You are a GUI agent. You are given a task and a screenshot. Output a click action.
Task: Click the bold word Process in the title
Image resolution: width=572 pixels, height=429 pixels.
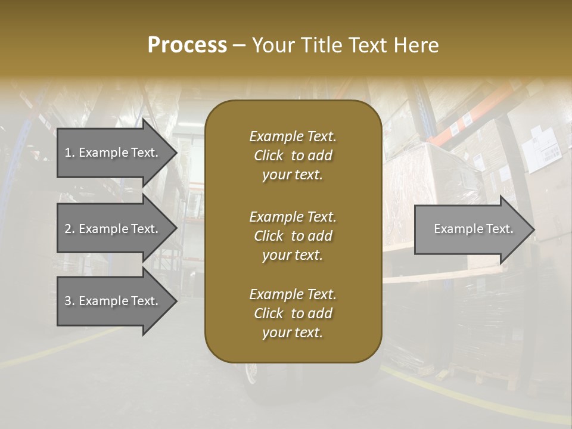pyautogui.click(x=187, y=45)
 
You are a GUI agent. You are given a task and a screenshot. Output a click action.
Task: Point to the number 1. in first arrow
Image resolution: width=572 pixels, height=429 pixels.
pyautogui.click(x=70, y=153)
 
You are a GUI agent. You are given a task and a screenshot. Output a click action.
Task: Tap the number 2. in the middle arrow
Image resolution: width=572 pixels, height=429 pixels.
pyautogui.click(x=70, y=229)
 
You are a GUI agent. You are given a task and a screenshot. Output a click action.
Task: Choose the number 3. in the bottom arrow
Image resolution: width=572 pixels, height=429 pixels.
pyautogui.click(x=70, y=301)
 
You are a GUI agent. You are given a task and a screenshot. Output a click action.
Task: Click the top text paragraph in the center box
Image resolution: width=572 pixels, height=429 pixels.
pyautogui.click(x=293, y=156)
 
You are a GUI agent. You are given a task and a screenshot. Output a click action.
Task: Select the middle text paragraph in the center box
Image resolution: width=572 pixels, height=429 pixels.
pyautogui.click(x=293, y=236)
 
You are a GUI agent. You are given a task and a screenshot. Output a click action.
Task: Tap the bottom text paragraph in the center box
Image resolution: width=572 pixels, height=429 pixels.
pyautogui.click(x=293, y=313)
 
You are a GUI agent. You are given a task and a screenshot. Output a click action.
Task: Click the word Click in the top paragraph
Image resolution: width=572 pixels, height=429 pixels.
pyautogui.click(x=269, y=156)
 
